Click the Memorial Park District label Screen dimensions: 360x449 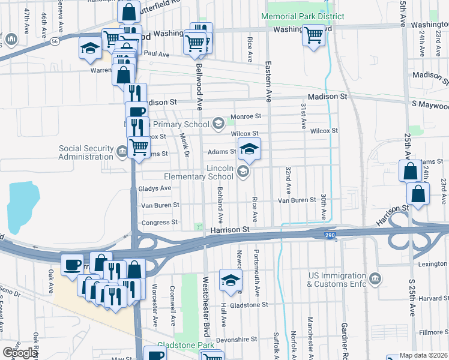click(303, 16)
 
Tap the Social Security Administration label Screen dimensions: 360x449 click(86, 153)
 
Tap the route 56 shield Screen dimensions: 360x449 click(55, 41)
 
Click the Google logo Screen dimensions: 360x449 click(19, 353)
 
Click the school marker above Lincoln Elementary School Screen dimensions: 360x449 click(249, 149)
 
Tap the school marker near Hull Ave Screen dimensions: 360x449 click(230, 280)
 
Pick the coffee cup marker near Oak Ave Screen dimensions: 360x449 click(72, 264)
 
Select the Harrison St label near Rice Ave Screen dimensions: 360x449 click(229, 230)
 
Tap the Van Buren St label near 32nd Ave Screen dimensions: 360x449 click(297, 200)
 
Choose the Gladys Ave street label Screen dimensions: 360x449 click(154, 188)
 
